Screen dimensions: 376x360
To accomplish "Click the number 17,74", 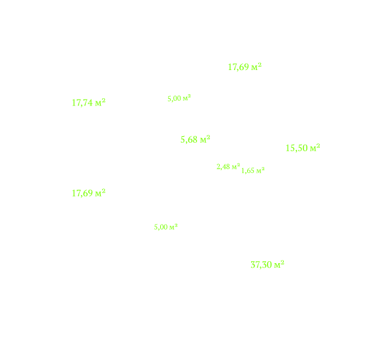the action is coord(82,103).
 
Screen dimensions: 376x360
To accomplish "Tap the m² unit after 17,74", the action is coord(100,103).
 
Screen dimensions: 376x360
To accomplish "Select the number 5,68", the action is coord(189,139).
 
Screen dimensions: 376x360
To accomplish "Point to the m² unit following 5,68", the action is coord(205,139).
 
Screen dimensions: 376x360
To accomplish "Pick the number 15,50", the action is coord(297,148).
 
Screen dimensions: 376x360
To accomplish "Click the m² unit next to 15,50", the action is coord(315,148).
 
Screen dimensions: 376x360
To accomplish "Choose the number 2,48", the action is coord(223,167).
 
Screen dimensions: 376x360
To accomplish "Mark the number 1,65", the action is coord(248,171).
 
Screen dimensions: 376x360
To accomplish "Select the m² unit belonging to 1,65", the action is coord(260,170).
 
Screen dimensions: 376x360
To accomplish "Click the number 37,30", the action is coord(261,265).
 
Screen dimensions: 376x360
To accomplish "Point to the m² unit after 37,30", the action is coord(279,264).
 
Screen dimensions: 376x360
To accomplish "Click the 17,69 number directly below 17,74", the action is coord(82,194).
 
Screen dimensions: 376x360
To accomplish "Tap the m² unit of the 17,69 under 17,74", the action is coord(100,192).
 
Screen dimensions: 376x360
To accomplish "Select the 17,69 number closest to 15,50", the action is coord(239,67).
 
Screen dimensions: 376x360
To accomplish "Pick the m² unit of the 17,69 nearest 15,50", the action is coord(256,67).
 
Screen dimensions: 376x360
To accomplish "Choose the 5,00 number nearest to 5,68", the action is coord(174,99).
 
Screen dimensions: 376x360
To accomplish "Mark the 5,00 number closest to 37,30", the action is coord(161,227).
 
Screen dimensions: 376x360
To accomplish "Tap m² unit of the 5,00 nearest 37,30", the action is coord(173,226).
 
